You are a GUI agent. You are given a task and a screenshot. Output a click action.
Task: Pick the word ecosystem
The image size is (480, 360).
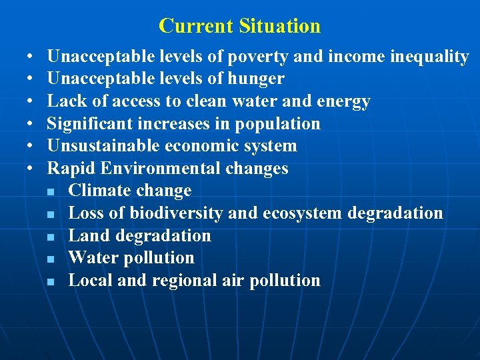click(300, 213)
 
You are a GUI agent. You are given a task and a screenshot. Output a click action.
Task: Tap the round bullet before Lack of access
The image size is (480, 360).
click(31, 102)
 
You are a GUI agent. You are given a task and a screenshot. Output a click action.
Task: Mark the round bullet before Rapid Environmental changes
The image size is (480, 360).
click(31, 169)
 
